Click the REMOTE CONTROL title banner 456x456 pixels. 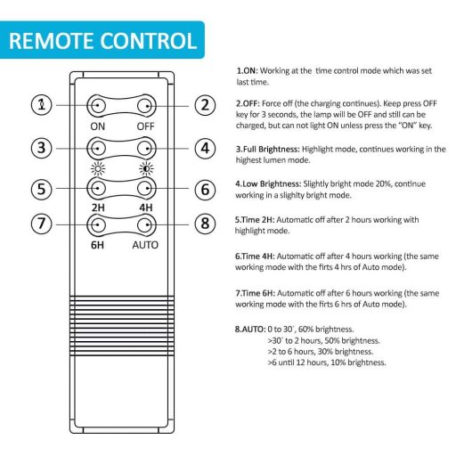pyautogui.click(x=102, y=40)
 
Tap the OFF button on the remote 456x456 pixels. pyautogui.click(x=146, y=105)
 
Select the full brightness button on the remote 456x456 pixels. pyautogui.click(x=97, y=148)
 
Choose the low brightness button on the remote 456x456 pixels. pyautogui.click(x=146, y=148)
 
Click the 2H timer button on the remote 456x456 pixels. pyautogui.click(x=97, y=188)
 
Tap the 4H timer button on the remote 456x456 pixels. pyautogui.click(x=146, y=188)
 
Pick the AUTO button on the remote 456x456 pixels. pyautogui.click(x=146, y=224)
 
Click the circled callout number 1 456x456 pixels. pyautogui.click(x=42, y=105)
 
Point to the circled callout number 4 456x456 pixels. pyautogui.click(x=205, y=148)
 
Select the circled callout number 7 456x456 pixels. pyautogui.click(x=42, y=224)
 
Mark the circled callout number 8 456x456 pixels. pyautogui.click(x=205, y=224)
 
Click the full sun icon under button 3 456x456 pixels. pyautogui.click(x=98, y=168)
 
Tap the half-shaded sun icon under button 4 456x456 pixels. pyautogui.click(x=146, y=168)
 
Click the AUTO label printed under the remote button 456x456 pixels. pyautogui.click(x=145, y=245)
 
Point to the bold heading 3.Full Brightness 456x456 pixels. pyautogui.click(x=268, y=149)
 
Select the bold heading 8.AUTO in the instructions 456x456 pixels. pyautogui.click(x=250, y=330)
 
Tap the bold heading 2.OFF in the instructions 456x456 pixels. pyautogui.click(x=248, y=103)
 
